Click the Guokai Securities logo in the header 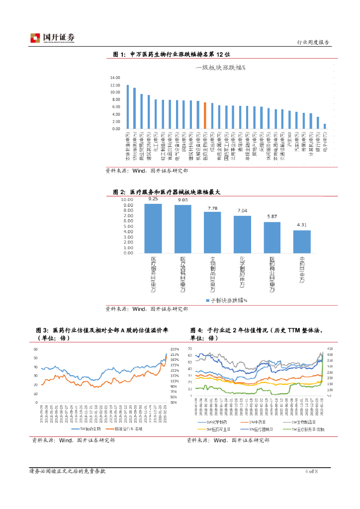pos(52,38)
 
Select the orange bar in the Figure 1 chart pos(205,116)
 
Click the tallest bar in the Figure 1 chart pos(127,107)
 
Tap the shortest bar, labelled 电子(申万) pos(325,126)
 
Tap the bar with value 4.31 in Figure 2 pos(302,241)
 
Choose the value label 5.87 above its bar pos(272,217)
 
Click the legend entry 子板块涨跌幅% pos(226,300)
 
